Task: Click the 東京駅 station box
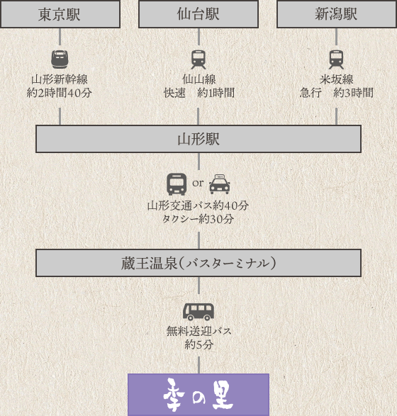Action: [x=60, y=13]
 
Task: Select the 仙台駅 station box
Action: [x=198, y=13]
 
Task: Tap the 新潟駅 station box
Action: [x=337, y=13]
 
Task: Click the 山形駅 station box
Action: [x=198, y=139]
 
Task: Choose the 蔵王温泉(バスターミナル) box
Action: [x=198, y=263]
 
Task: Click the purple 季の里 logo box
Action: [x=198, y=395]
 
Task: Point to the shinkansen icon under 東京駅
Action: [x=60, y=60]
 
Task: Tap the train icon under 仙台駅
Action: [x=198, y=60]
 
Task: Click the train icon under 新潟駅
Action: [x=337, y=60]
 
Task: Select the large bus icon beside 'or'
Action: [x=177, y=184]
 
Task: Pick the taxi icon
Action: [x=220, y=184]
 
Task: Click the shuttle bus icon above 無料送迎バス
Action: [x=198, y=312]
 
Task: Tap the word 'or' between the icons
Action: [x=198, y=183]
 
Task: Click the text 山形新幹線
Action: [x=60, y=79]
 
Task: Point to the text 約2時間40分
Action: [x=60, y=93]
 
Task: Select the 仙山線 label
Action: [x=199, y=79]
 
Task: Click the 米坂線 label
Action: [x=337, y=79]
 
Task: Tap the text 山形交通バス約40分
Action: [x=198, y=206]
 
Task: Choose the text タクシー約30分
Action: [x=198, y=219]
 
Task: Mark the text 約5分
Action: [x=199, y=344]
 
